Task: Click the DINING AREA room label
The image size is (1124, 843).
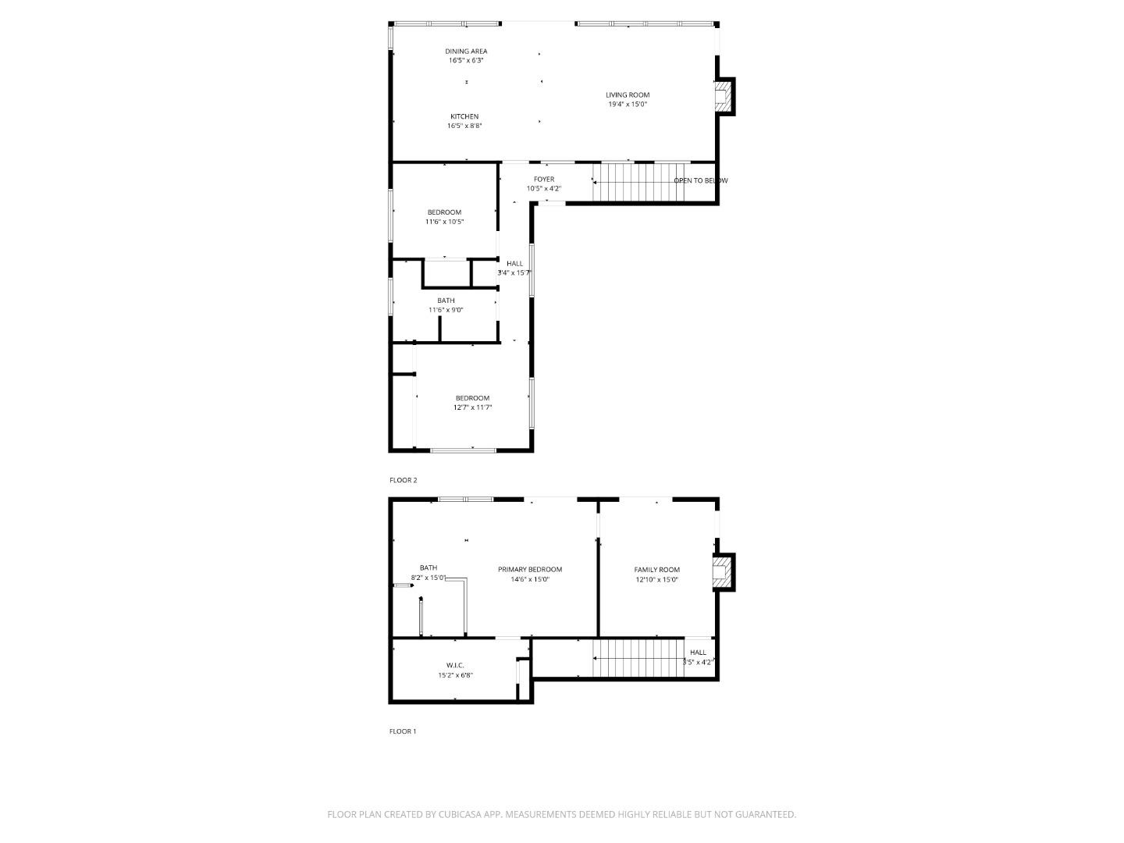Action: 467,52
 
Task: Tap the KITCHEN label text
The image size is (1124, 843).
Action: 464,116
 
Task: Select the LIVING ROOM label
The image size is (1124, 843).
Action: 628,95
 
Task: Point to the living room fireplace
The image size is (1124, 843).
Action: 724,97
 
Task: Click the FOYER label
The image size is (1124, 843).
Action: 544,180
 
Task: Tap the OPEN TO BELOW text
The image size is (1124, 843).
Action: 700,181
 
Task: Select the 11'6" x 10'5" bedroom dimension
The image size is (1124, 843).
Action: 444,222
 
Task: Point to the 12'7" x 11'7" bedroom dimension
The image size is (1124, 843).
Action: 472,407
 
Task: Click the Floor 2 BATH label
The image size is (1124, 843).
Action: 446,301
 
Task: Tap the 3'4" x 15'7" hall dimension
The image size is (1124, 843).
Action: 514,273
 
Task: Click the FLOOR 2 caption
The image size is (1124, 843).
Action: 404,480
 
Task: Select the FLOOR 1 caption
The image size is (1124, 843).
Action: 404,731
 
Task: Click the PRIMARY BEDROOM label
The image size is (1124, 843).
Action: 530,570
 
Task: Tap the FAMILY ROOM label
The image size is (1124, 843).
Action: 656,570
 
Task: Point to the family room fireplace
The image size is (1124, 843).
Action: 724,573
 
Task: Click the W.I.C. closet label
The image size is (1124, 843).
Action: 455,666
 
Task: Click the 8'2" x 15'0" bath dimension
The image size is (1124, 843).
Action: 429,578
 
